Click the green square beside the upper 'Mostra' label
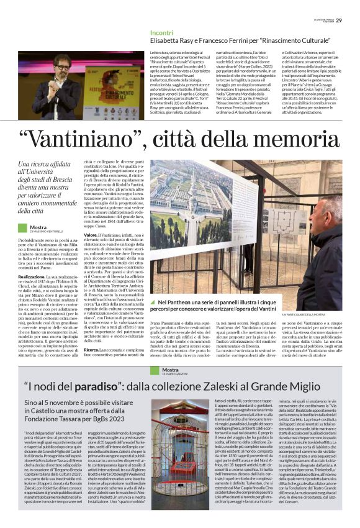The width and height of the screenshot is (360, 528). [x=22, y=228]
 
